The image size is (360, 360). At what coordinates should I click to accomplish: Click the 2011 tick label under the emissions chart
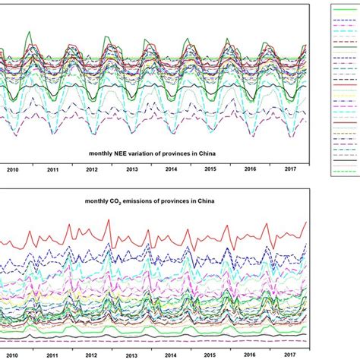(52, 355)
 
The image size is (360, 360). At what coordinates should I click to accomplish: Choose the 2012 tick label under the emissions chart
(92, 355)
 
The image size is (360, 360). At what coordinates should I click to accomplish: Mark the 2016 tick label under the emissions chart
(249, 355)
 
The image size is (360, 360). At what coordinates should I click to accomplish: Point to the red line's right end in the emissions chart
(307, 222)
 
